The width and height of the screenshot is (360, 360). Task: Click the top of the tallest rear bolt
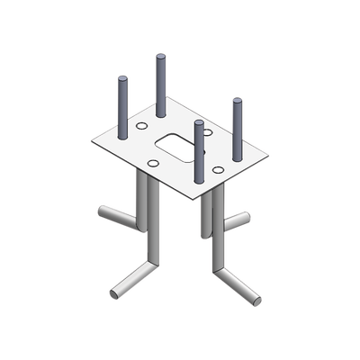coord(161,58)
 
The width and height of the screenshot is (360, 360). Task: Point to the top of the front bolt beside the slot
coord(200,123)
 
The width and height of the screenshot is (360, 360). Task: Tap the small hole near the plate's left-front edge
coord(154,162)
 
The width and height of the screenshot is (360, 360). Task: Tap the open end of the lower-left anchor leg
coord(113,294)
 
